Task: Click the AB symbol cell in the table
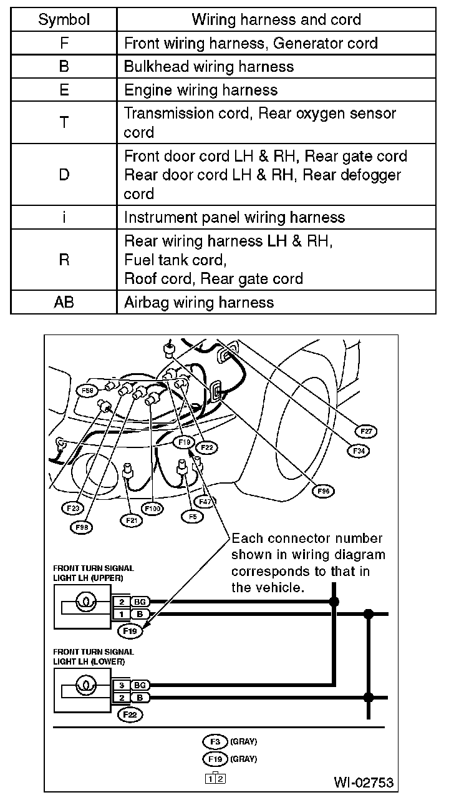[x=64, y=303]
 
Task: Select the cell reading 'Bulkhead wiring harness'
[x=208, y=67]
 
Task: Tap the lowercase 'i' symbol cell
[x=64, y=217]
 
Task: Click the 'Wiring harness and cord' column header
[x=276, y=19]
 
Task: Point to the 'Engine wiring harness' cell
[x=201, y=90]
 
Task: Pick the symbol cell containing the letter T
[x=64, y=123]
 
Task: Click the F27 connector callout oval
[x=366, y=431]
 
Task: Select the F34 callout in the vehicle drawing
[x=359, y=449]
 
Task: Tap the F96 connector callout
[x=323, y=491]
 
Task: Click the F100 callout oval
[x=152, y=509]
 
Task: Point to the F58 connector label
[x=88, y=391]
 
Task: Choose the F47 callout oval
[x=203, y=500]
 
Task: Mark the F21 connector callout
[x=132, y=519]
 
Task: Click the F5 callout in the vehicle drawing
[x=192, y=516]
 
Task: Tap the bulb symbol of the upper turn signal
[x=82, y=603]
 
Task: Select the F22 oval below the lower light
[x=130, y=715]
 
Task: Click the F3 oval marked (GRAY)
[x=215, y=741]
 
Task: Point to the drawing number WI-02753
[x=364, y=782]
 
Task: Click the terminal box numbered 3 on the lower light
[x=122, y=685]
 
